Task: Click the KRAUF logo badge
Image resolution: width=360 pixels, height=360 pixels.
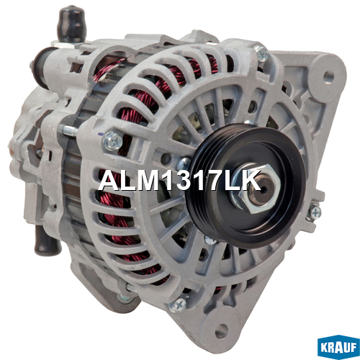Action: [x=338, y=347]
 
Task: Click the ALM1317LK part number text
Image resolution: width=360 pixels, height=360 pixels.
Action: [x=179, y=181]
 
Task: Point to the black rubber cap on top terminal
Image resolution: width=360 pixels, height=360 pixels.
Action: [x=71, y=23]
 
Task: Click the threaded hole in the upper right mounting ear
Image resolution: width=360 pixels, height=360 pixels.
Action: [x=328, y=76]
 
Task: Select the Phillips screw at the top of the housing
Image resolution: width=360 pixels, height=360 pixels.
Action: [x=261, y=53]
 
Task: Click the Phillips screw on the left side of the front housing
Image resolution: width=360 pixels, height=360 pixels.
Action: [x=113, y=141]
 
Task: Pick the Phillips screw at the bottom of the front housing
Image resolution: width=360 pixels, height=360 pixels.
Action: [x=178, y=305]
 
